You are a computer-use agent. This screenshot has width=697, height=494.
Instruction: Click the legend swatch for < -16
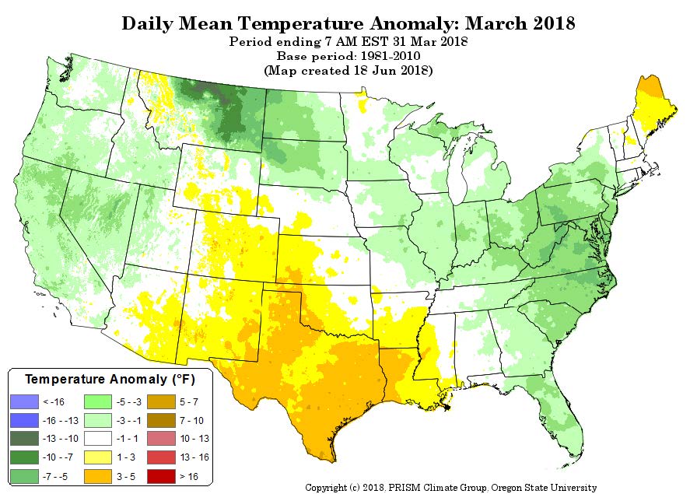click(24, 401)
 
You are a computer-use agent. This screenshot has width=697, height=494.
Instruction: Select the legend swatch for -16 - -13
click(24, 420)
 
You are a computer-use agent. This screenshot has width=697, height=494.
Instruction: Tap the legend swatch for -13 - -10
click(24, 439)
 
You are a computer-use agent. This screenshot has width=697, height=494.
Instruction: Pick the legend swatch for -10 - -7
click(24, 457)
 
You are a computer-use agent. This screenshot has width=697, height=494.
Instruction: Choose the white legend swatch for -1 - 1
click(98, 439)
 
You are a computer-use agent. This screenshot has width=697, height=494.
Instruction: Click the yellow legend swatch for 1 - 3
click(98, 457)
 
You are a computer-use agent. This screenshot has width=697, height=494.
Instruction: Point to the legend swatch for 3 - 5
click(98, 476)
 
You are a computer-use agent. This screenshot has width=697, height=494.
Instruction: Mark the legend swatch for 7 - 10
click(161, 420)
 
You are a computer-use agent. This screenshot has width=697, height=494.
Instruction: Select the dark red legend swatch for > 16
click(161, 476)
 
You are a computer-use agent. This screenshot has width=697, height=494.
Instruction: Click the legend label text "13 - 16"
click(194, 457)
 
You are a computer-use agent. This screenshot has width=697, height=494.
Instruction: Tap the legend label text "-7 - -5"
click(55, 477)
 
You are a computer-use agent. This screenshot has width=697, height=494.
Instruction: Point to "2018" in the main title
click(554, 23)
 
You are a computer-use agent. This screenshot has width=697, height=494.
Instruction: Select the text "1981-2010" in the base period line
click(391, 56)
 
